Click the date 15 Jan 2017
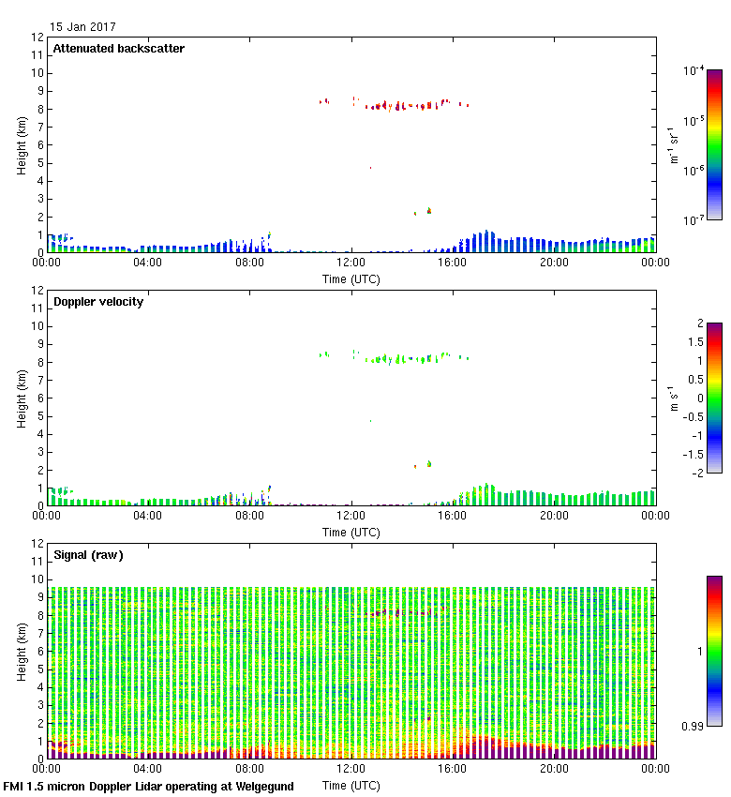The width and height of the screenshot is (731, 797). (83, 27)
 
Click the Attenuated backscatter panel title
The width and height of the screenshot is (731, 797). (118, 49)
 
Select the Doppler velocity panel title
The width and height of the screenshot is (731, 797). (97, 302)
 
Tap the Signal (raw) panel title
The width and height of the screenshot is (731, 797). (88, 555)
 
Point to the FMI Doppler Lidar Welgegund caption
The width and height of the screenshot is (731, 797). (149, 787)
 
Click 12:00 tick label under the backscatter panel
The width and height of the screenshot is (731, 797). (351, 263)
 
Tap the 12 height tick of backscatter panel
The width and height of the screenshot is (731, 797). (38, 38)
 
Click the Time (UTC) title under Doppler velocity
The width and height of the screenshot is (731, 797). (351, 533)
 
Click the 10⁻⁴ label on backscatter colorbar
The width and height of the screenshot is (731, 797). (694, 70)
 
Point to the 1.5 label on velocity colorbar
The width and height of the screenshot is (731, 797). (694, 342)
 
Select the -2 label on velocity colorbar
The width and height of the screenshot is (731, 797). (697, 472)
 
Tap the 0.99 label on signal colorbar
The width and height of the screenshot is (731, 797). (693, 726)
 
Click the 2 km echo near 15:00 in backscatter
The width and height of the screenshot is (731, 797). (429, 211)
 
